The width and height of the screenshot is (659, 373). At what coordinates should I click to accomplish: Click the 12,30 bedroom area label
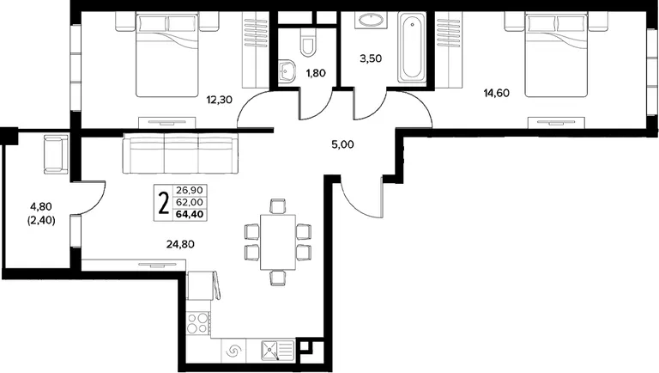(219, 100)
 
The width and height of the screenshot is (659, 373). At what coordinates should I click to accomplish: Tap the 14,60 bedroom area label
(496, 93)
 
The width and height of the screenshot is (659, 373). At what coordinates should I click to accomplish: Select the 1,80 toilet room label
(316, 73)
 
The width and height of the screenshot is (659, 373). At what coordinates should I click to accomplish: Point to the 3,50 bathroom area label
(371, 58)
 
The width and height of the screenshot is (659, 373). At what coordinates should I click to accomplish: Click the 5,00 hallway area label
(342, 144)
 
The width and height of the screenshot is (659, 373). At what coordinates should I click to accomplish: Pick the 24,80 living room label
(180, 244)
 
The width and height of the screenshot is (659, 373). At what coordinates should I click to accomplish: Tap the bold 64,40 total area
(190, 214)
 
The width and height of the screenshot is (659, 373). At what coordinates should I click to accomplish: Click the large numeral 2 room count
(164, 203)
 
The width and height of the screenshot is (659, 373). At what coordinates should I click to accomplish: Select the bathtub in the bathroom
(412, 47)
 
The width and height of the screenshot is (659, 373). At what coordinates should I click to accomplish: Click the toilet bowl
(308, 42)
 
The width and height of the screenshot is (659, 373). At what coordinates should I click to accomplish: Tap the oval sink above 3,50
(371, 20)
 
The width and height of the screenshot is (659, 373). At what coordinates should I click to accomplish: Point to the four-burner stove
(198, 323)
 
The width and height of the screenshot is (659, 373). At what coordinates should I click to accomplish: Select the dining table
(278, 242)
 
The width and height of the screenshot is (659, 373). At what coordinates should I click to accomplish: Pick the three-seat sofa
(180, 154)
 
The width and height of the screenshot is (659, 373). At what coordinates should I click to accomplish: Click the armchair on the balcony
(56, 154)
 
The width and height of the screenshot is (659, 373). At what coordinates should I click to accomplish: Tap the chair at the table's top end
(278, 206)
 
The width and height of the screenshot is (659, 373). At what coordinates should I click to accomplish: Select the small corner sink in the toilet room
(287, 71)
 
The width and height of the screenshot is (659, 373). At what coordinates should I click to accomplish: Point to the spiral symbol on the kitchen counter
(234, 351)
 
